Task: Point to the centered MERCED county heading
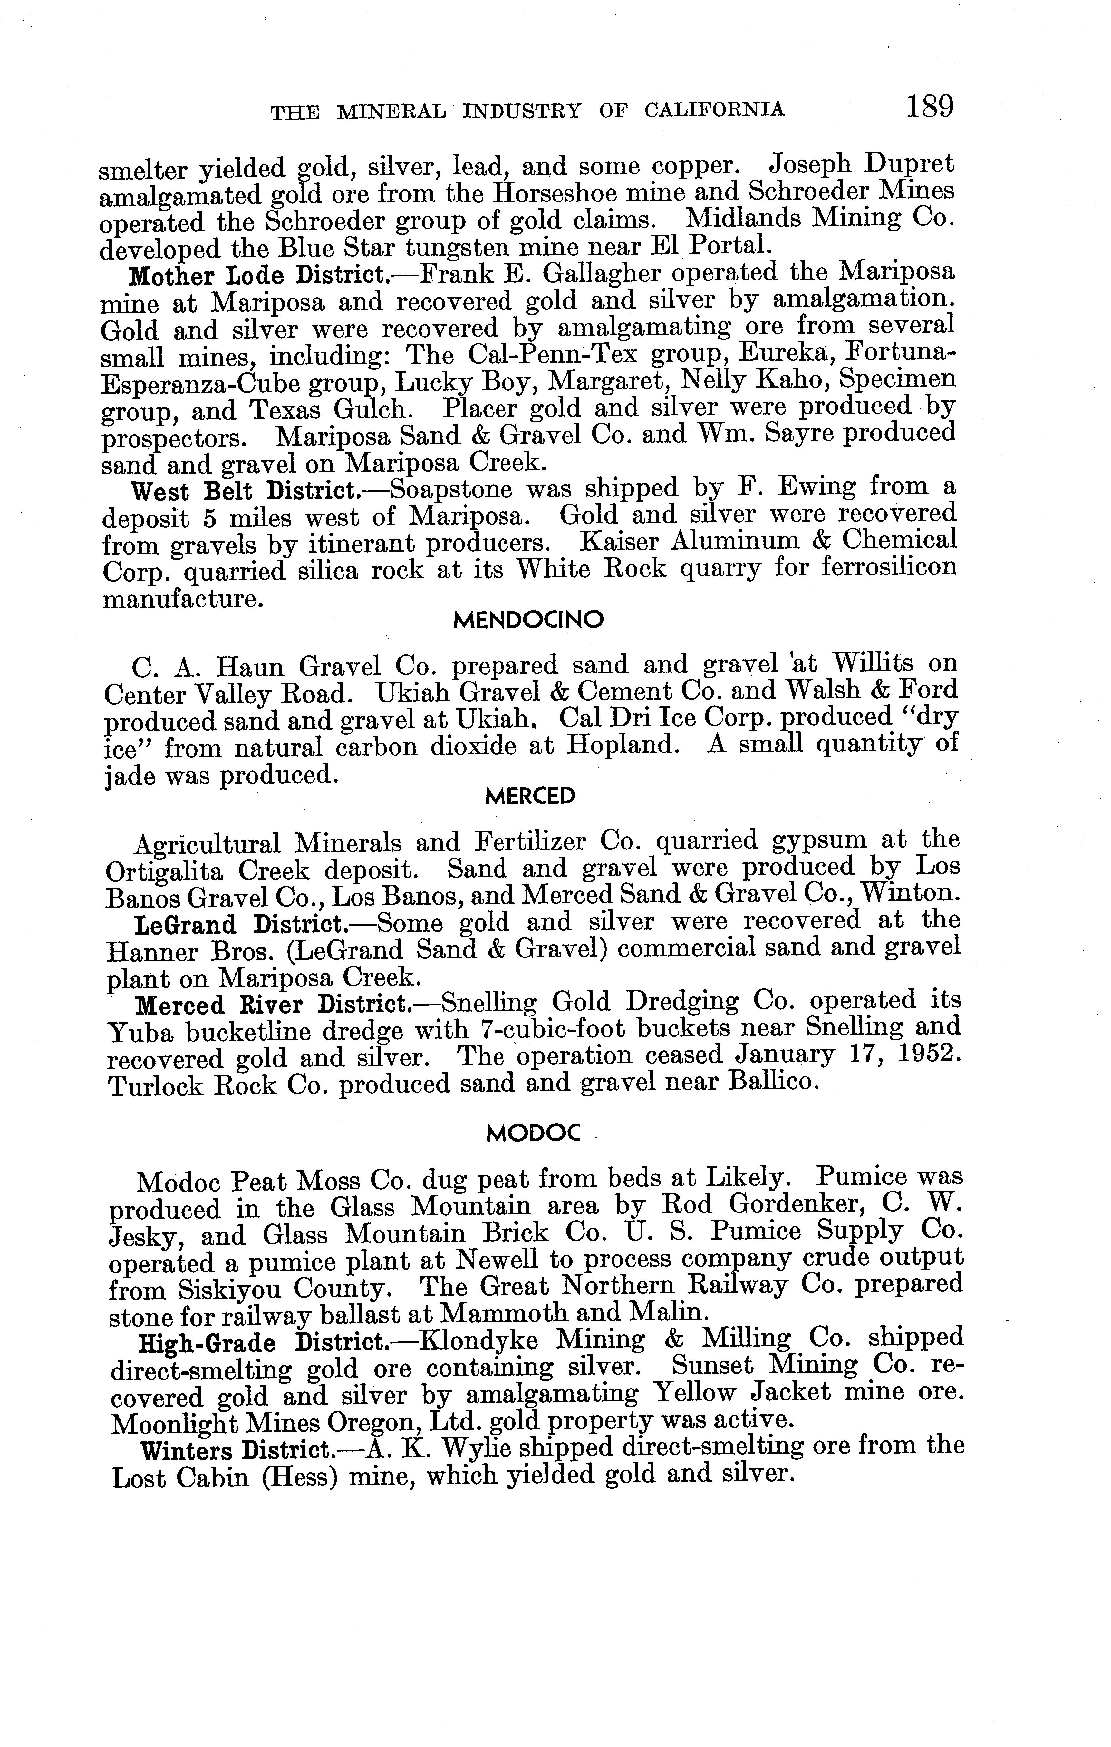[x=529, y=797]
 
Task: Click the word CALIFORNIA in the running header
[x=714, y=110]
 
